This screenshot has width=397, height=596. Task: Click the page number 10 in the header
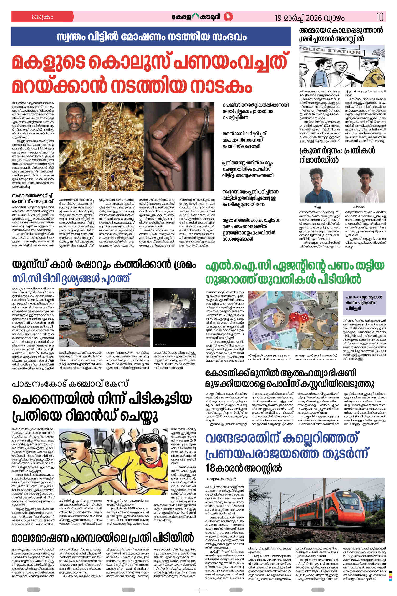[380, 17]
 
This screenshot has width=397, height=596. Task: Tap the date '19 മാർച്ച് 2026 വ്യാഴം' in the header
[309, 18]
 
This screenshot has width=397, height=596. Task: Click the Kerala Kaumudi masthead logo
[202, 17]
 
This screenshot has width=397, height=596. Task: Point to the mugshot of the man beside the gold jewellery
[76, 121]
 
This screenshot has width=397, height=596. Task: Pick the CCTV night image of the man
[174, 317]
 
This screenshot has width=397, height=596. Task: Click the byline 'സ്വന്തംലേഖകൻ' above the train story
[222, 479]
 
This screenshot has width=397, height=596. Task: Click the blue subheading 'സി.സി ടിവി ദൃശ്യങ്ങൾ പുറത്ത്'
[71, 279]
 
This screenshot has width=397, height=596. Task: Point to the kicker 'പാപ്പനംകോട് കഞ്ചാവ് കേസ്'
[70, 384]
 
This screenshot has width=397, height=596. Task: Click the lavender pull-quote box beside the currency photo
[364, 303]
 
